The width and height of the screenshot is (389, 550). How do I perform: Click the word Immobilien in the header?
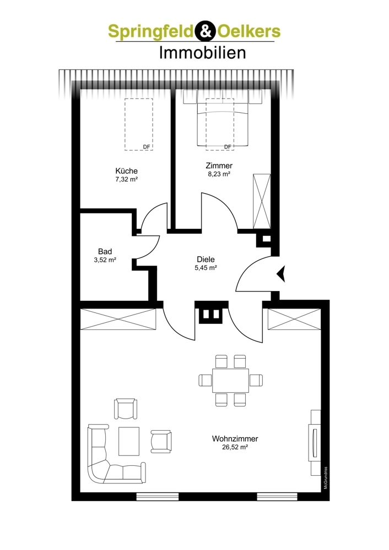tap(202, 53)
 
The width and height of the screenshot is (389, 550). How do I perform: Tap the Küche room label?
tap(127, 171)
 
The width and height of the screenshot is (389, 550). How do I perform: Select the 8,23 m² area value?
tap(219, 174)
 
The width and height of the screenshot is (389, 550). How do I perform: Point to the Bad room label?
tap(105, 251)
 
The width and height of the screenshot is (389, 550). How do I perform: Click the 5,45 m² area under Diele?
tap(206, 268)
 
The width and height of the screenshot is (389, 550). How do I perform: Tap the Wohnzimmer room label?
tap(235, 439)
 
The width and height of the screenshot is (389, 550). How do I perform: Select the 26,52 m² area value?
tap(235, 447)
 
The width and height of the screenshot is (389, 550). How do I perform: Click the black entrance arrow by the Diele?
tap(281, 274)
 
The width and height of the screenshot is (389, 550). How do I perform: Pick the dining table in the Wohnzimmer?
tap(230, 381)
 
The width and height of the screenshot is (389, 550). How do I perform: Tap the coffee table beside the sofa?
tap(129, 441)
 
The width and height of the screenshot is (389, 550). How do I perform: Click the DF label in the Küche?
tap(146, 147)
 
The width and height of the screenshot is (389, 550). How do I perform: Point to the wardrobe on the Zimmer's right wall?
tap(262, 202)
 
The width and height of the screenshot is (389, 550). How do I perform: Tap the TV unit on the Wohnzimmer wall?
tap(315, 443)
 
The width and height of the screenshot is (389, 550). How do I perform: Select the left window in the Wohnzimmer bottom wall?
tap(158, 496)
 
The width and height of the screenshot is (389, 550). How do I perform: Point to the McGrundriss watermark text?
tap(326, 478)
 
